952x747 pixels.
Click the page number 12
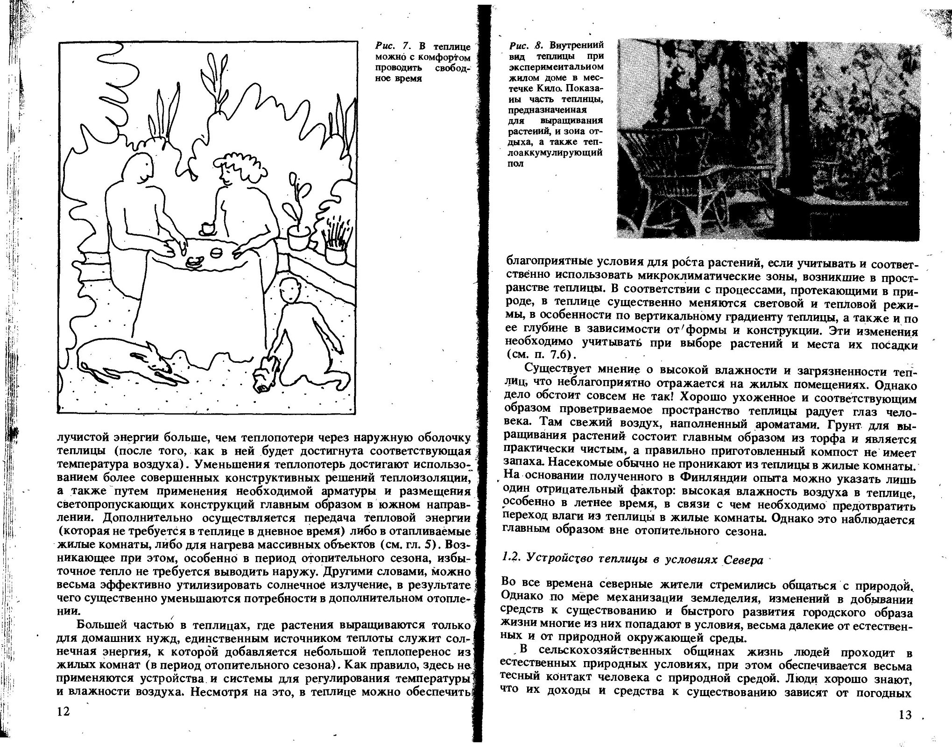coord(63,712)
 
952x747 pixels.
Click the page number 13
coord(904,715)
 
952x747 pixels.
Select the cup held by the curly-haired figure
coord(207,228)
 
